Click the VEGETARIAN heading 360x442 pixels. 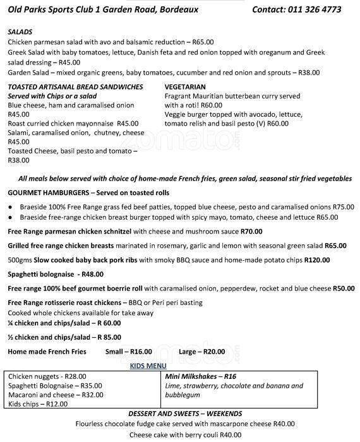(185, 87)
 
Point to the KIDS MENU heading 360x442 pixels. (148, 366)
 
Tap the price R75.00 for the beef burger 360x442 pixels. (343, 206)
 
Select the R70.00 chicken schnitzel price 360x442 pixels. (250, 231)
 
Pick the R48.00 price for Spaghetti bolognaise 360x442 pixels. (92, 274)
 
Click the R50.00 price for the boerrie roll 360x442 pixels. (343, 288)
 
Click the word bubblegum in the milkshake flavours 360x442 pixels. (183, 395)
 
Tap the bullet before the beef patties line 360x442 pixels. (11, 207)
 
